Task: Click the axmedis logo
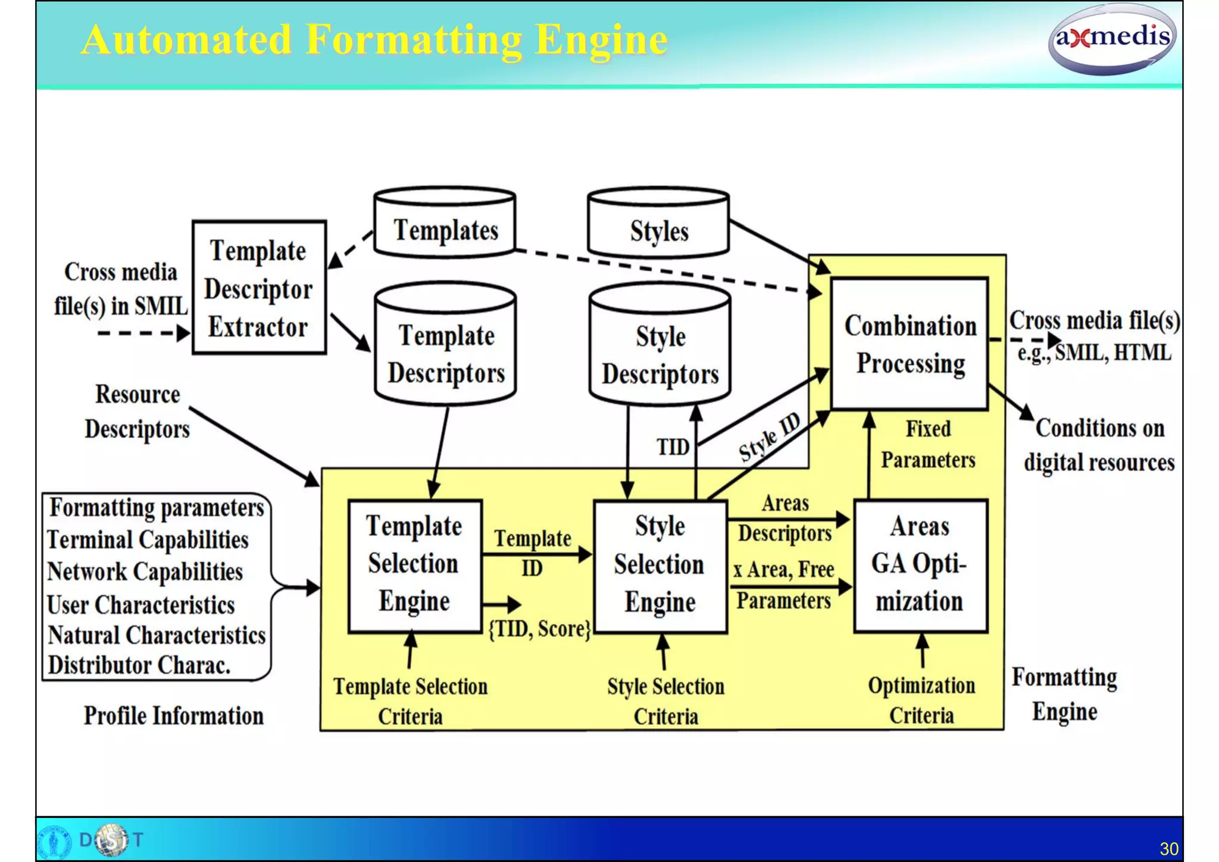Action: coord(1111,39)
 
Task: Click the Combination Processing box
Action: coord(909,344)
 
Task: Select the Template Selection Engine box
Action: coord(414,564)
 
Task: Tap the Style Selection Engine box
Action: coord(659,564)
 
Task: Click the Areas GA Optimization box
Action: coord(920,564)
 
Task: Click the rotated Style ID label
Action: coord(770,438)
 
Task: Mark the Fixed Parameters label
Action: coord(928,444)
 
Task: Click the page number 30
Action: coord(1168,848)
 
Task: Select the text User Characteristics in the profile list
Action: coord(141,605)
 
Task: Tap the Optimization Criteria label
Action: coord(921,700)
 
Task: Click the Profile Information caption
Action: coord(173,716)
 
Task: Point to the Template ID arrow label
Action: coord(532,552)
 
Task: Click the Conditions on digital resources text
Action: coord(1099,445)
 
